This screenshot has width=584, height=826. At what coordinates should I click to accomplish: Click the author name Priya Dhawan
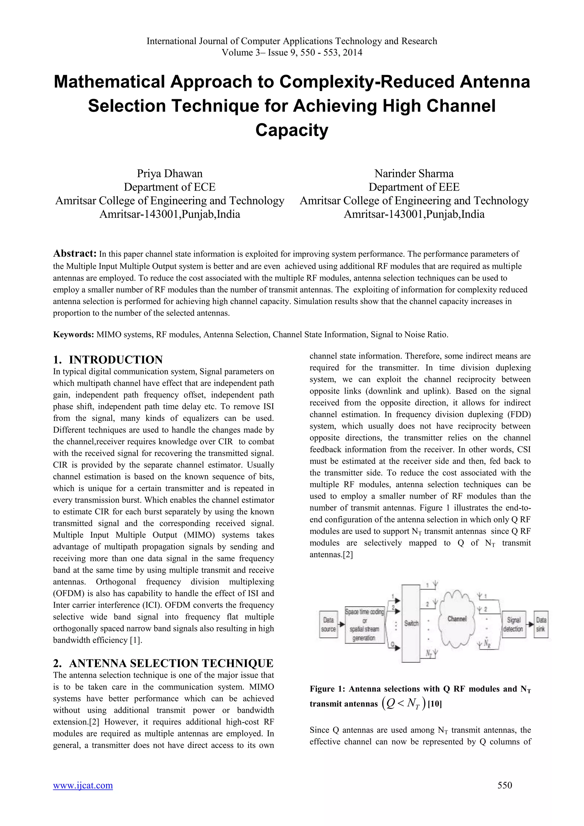coord(169,174)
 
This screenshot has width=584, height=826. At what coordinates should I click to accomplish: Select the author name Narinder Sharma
coord(414,174)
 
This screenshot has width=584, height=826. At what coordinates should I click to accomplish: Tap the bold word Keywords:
coord(73,335)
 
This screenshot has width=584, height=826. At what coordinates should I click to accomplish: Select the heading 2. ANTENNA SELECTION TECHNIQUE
coord(163,663)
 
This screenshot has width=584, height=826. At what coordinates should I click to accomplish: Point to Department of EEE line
coord(414,187)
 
